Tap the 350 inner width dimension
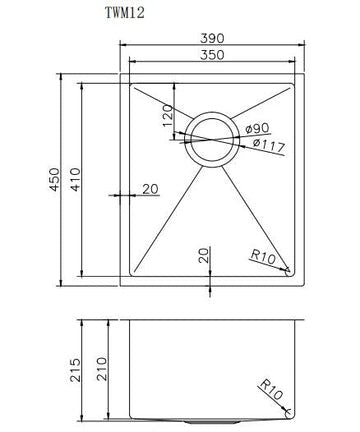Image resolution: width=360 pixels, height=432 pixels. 211,58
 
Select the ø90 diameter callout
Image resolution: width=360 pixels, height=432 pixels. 258,129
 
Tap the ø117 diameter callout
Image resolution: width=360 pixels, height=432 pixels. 265,147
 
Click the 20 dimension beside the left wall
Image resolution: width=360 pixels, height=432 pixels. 151,188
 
